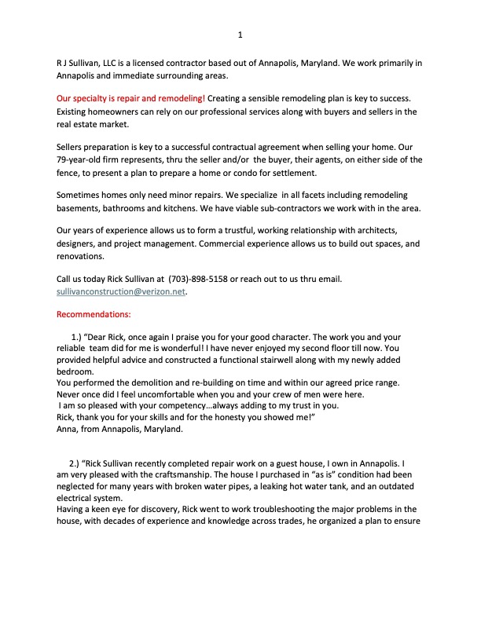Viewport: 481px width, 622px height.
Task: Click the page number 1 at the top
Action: pos(240,35)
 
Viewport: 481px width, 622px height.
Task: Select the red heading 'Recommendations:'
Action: pos(93,315)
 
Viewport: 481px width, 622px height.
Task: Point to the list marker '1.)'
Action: pos(76,337)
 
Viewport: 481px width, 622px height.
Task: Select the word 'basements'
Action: pos(81,207)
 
